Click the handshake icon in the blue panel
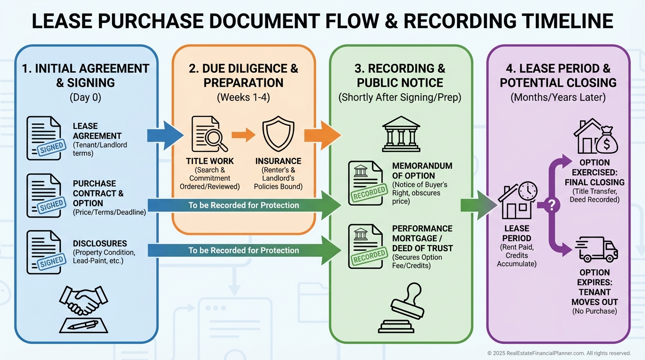pyautogui.click(x=84, y=300)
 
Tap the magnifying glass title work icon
pyautogui.click(x=206, y=134)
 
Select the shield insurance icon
pyautogui.click(x=278, y=134)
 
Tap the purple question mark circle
pyautogui.click(x=551, y=205)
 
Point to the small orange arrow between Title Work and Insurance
pyautogui.click(x=243, y=135)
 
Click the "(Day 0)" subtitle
pyautogui.click(x=86, y=98)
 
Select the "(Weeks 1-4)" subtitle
pyautogui.click(x=243, y=98)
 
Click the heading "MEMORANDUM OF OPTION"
pyautogui.click(x=422, y=171)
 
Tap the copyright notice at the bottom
pyautogui.click(x=559, y=353)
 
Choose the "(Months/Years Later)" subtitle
pyautogui.click(x=558, y=98)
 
